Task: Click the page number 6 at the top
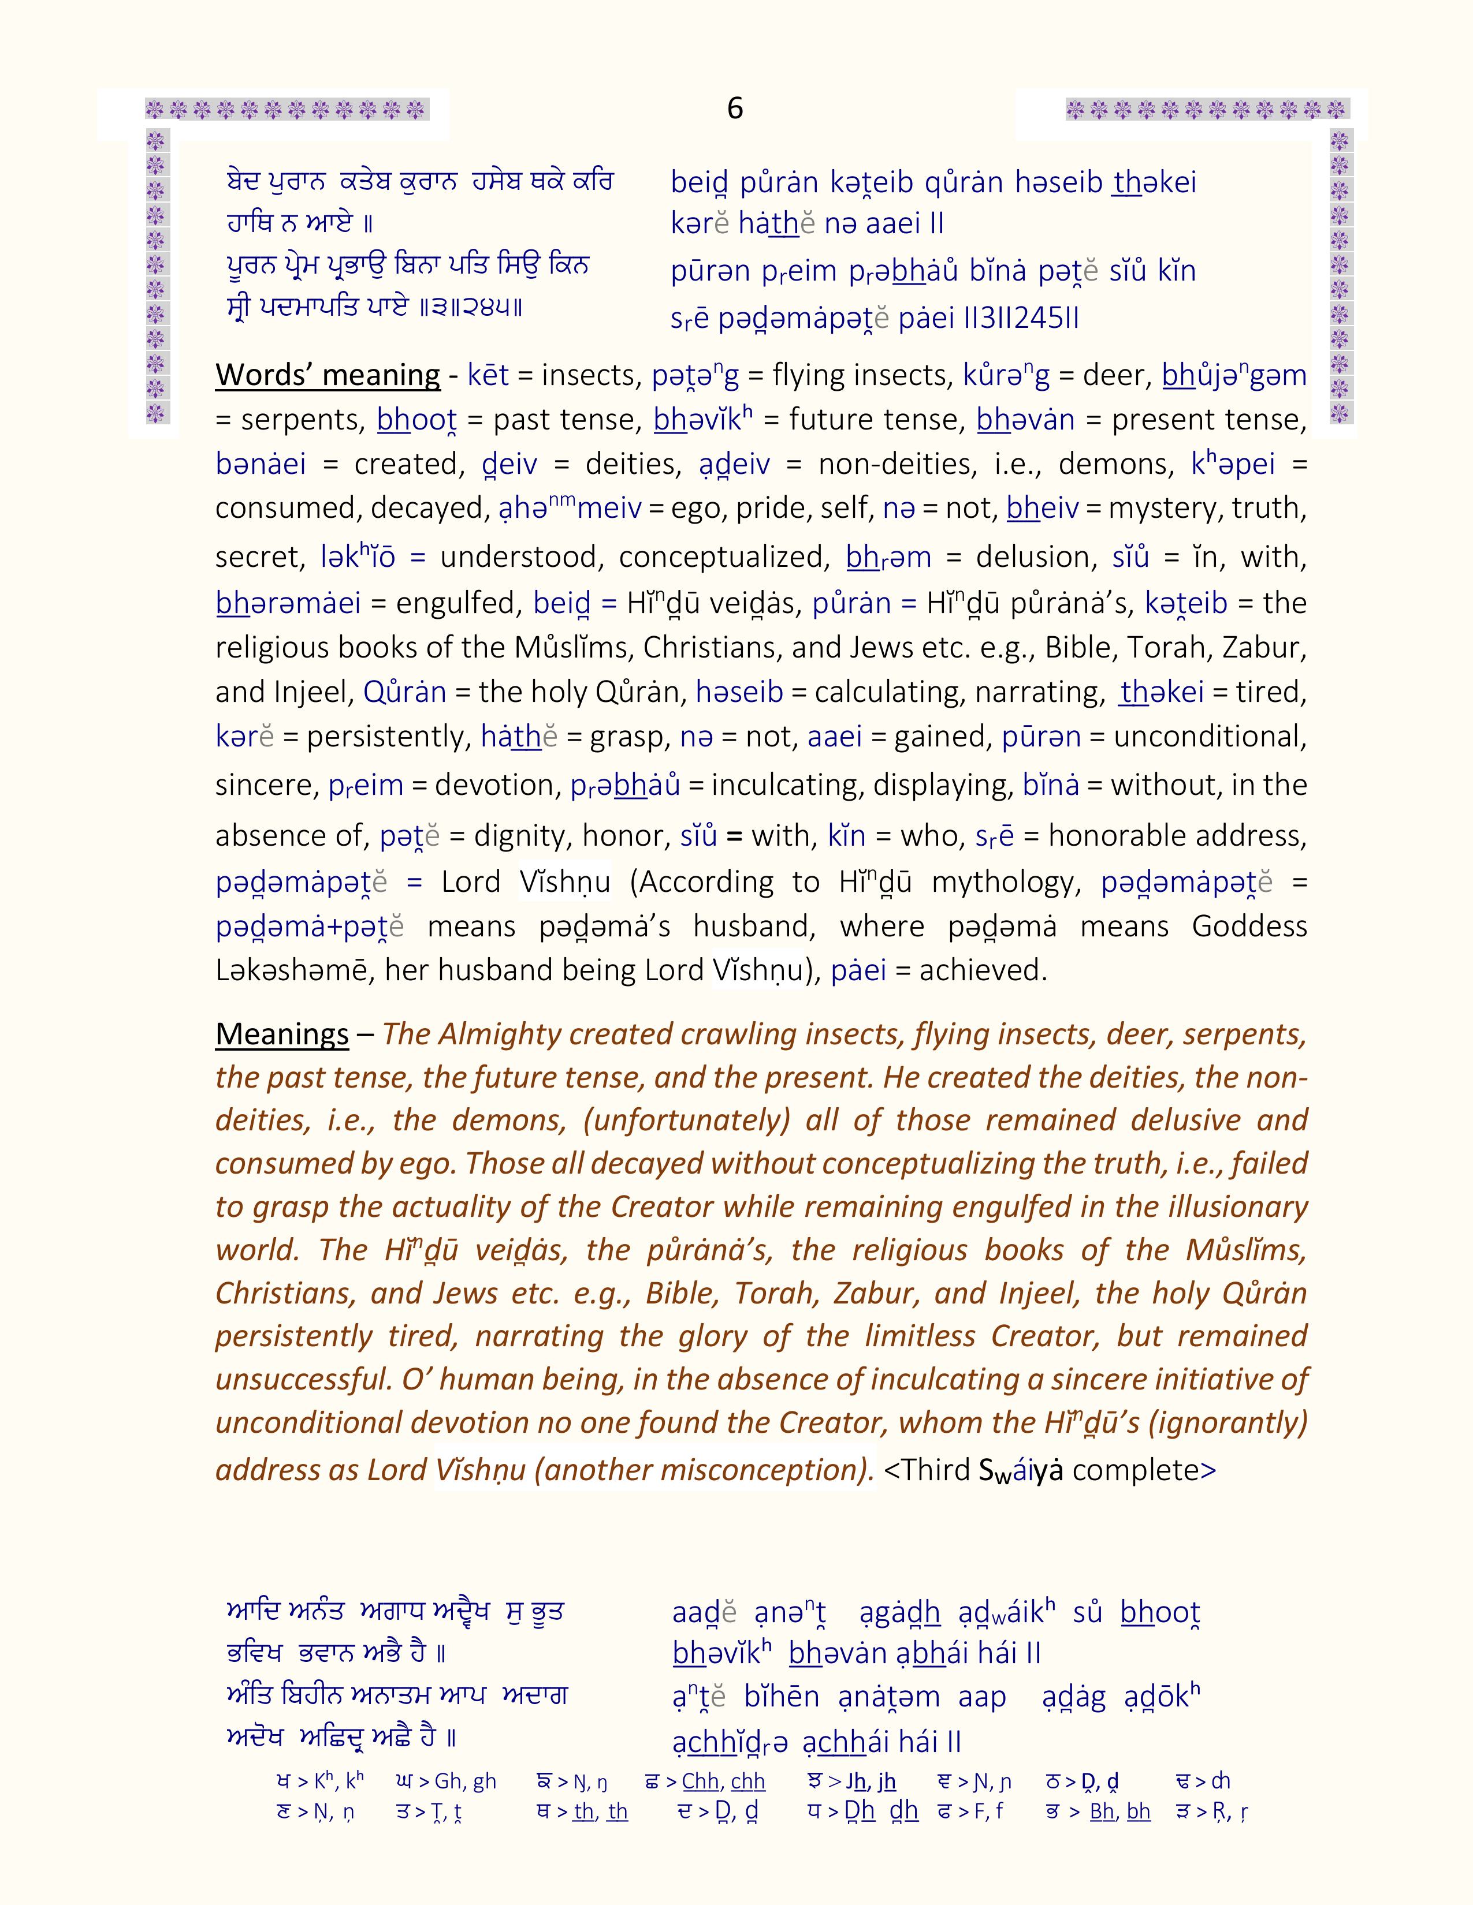click(735, 108)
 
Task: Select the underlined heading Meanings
click(282, 1034)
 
